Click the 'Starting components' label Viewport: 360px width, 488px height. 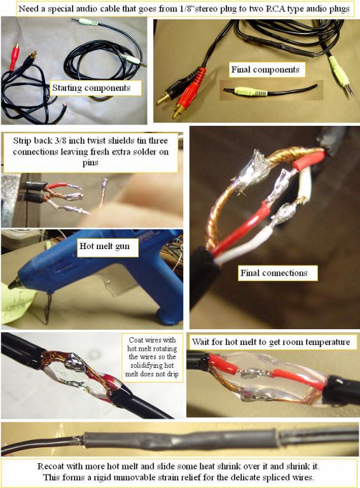click(x=91, y=88)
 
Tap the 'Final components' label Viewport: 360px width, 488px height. click(x=265, y=70)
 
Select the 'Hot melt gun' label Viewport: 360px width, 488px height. click(x=104, y=246)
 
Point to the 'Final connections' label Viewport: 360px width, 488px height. click(x=273, y=273)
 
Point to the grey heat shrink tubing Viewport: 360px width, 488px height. click(x=181, y=439)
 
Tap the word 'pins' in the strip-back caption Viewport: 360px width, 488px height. click(x=90, y=163)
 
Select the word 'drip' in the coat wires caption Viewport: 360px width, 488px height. click(x=172, y=374)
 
